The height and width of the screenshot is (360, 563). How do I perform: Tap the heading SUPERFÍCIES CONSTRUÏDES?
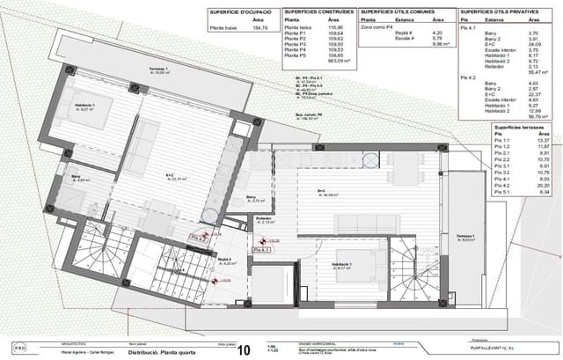click(x=318, y=11)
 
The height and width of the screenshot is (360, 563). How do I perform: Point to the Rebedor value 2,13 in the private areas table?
click(x=532, y=65)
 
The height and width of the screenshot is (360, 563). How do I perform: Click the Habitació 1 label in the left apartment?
click(x=84, y=107)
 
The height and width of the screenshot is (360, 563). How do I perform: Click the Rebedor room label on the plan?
click(x=263, y=218)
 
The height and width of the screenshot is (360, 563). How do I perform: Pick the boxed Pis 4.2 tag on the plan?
click(x=199, y=237)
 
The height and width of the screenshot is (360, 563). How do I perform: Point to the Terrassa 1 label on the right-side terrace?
click(x=465, y=238)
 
